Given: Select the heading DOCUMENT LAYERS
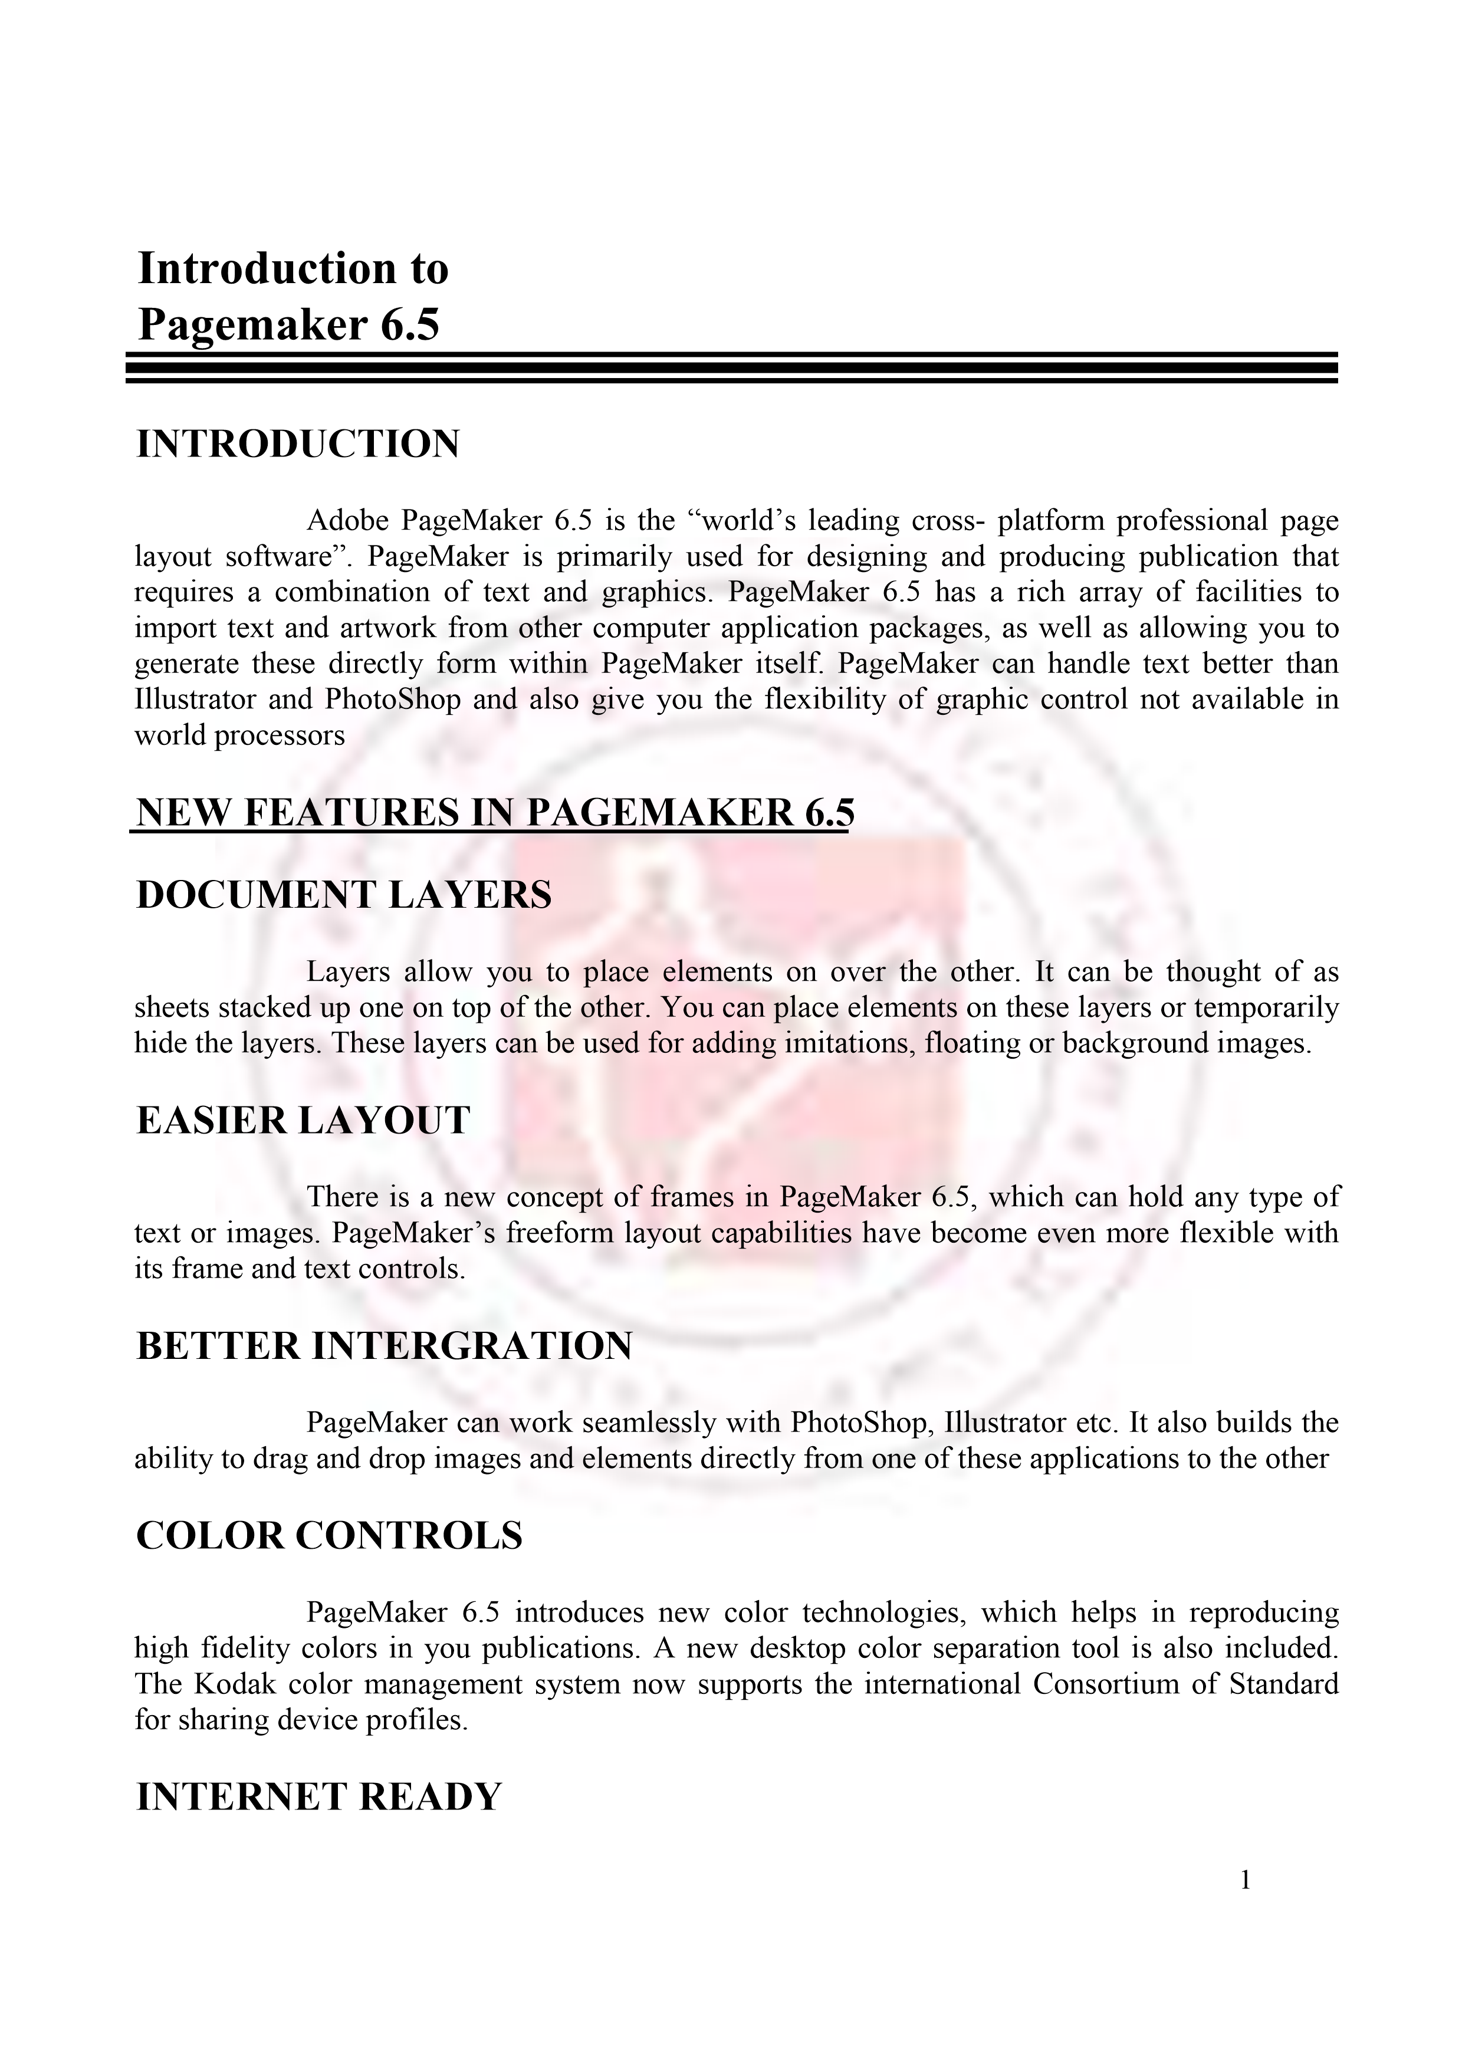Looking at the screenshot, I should pyautogui.click(x=343, y=895).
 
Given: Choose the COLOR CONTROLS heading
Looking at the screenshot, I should pyautogui.click(x=329, y=1535).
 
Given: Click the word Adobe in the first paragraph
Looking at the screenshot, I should pyautogui.click(x=347, y=521).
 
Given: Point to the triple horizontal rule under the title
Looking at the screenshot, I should pyautogui.click(x=731, y=367).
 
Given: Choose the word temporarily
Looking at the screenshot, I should pyautogui.click(x=1267, y=1007).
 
